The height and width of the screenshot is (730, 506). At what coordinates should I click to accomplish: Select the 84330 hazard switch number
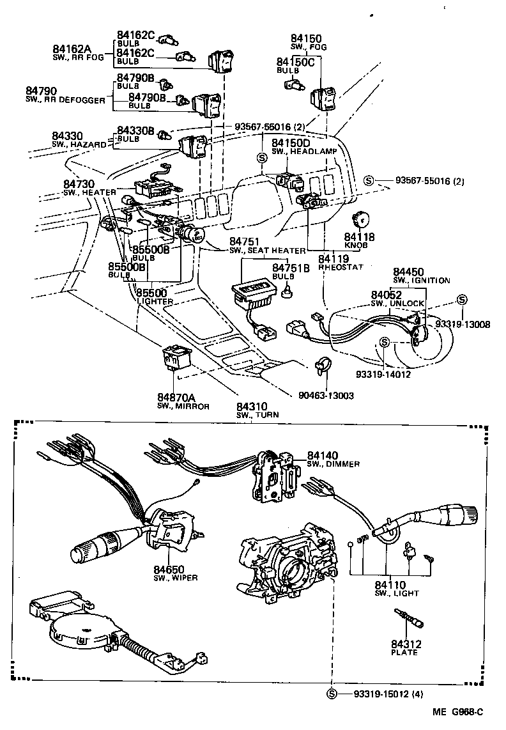click(x=68, y=136)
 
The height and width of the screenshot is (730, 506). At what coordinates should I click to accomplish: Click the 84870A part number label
click(x=177, y=398)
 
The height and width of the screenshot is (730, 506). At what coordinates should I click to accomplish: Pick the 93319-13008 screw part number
click(x=463, y=324)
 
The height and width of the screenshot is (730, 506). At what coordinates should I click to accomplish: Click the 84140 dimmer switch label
click(x=323, y=455)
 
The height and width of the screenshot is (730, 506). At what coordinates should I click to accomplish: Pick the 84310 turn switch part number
click(x=252, y=406)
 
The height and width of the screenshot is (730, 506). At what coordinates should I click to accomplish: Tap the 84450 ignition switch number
click(x=409, y=272)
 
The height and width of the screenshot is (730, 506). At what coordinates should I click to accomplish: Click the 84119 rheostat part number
click(x=333, y=258)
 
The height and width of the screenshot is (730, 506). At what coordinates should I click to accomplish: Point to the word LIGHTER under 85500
click(x=155, y=300)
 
